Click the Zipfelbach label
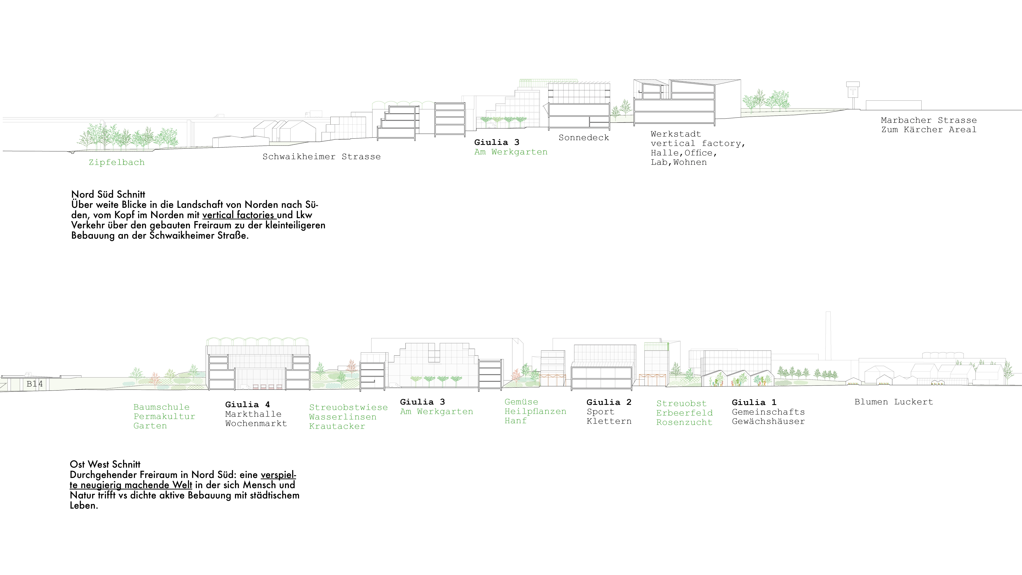pyautogui.click(x=117, y=162)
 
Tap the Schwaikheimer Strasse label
pyautogui.click(x=321, y=157)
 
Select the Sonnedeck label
pyautogui.click(x=584, y=138)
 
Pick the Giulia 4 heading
pyautogui.click(x=248, y=404)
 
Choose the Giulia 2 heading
pyautogui.click(x=609, y=402)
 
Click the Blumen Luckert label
pyautogui.click(x=894, y=402)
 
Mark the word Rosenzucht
pyautogui.click(x=684, y=422)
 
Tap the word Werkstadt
pyautogui.click(x=676, y=134)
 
